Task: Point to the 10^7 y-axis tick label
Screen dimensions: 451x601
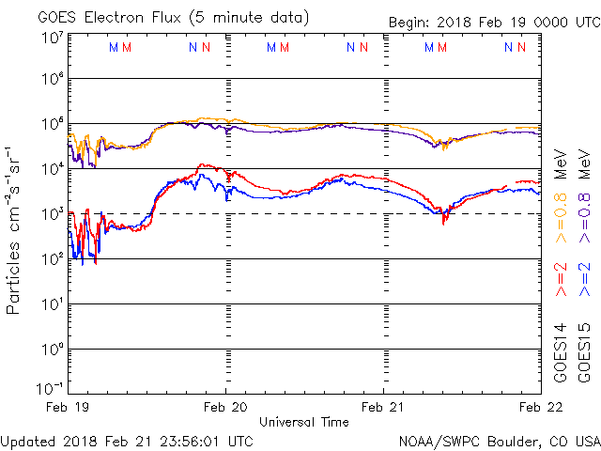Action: pyautogui.click(x=52, y=38)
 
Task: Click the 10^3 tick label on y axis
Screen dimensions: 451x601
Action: pyautogui.click(x=52, y=212)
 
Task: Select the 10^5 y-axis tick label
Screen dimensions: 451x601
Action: pyautogui.click(x=52, y=124)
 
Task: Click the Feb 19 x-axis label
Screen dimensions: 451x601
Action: pyautogui.click(x=68, y=408)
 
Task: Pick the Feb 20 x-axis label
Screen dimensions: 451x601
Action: pyautogui.click(x=225, y=408)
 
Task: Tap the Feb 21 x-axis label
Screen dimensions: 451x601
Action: pyautogui.click(x=383, y=408)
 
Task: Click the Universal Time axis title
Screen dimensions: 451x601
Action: pyautogui.click(x=302, y=422)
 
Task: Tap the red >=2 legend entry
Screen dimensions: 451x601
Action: pyautogui.click(x=560, y=279)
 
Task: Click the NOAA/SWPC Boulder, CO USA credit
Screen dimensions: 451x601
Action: pyautogui.click(x=499, y=441)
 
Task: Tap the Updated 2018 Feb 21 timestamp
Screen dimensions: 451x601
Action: pyautogui.click(x=127, y=441)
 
